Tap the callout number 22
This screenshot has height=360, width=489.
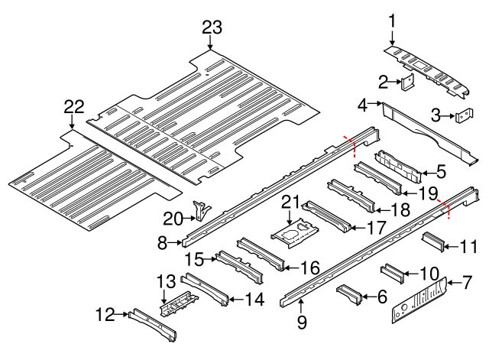tap(73, 107)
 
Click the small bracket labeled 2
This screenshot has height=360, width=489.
tap(408, 81)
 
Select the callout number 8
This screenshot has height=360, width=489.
tap(162, 244)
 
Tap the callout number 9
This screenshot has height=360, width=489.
tap(301, 323)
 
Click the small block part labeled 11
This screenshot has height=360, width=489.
tap(390, 273)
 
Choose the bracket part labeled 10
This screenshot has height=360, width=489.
tap(432, 243)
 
